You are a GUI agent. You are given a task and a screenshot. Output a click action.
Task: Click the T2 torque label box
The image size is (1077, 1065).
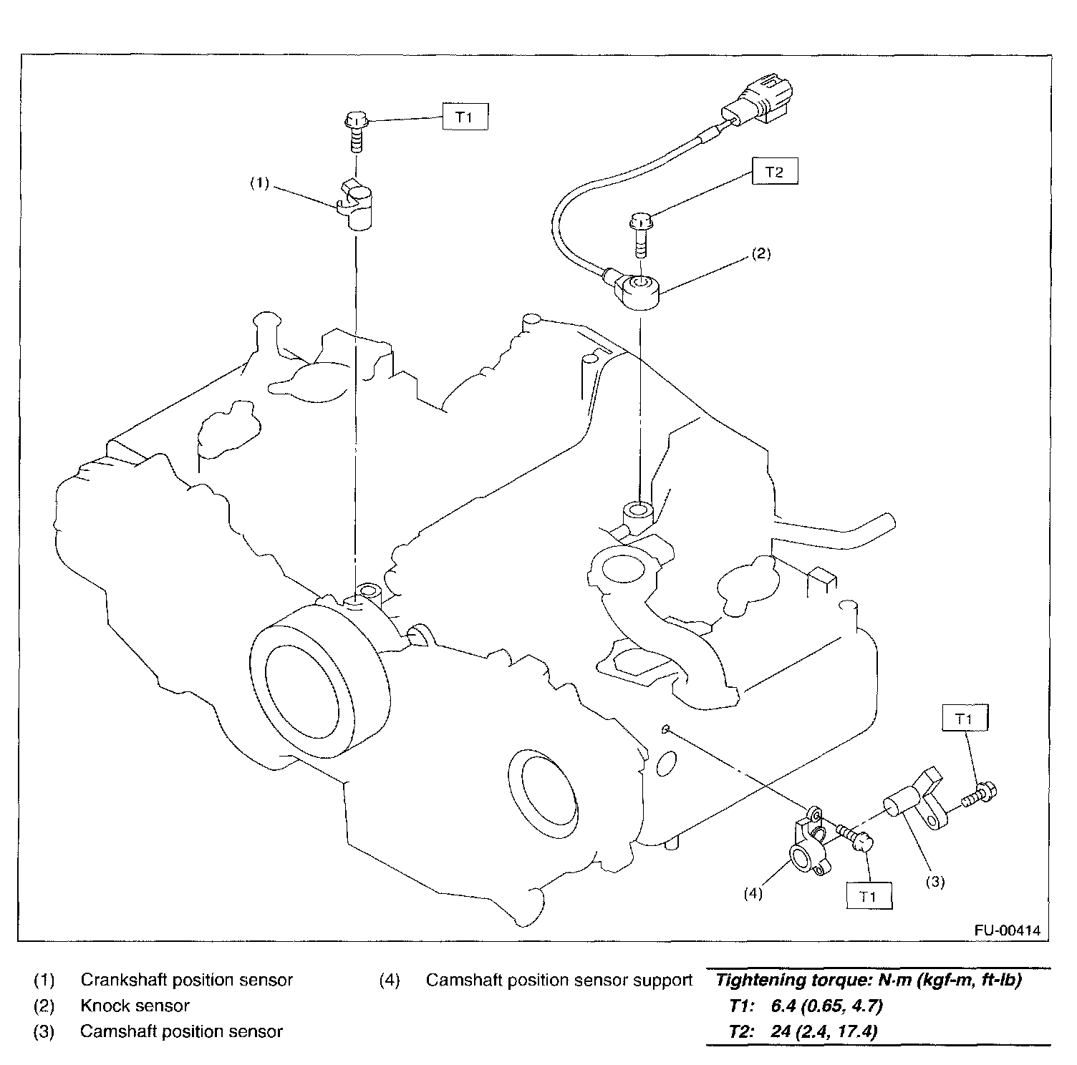775,172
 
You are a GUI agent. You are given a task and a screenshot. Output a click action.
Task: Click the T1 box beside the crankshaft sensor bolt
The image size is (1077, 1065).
465,117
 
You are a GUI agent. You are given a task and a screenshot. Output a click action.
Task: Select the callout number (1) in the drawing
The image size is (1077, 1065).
259,183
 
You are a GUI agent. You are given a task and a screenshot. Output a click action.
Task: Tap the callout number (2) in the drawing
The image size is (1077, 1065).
760,254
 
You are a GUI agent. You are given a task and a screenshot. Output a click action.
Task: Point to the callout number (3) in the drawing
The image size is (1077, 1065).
936,882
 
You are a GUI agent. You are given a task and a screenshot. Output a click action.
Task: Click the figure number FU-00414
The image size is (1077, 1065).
1007,930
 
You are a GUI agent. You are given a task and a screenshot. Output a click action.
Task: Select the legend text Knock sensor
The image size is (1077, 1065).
135,1006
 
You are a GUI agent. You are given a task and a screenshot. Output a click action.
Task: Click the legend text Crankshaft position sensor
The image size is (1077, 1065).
186,980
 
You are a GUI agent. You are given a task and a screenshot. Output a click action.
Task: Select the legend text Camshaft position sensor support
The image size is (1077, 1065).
559,980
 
